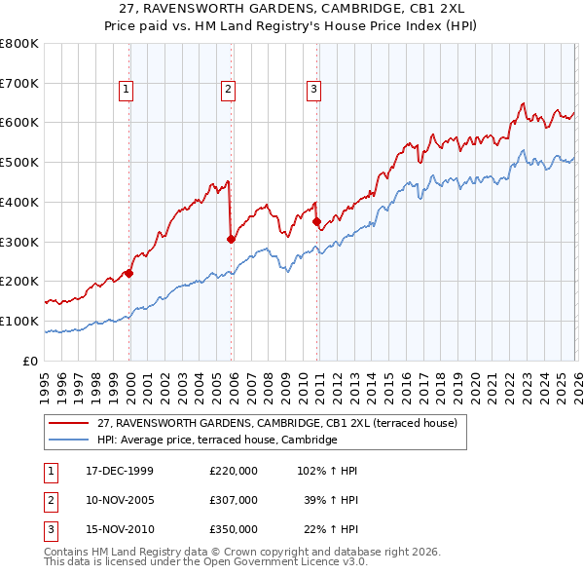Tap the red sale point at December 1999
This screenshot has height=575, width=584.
[129, 273]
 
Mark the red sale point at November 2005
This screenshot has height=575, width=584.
[231, 238]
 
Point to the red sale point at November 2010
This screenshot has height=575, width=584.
[316, 221]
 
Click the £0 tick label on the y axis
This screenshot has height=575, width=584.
[31, 361]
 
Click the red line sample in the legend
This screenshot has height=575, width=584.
[69, 424]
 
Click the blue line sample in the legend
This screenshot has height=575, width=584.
[69, 441]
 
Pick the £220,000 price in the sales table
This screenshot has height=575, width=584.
[234, 471]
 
